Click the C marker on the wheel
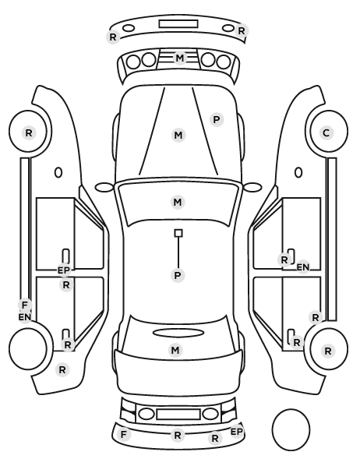[x=326, y=132]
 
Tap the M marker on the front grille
[x=180, y=58]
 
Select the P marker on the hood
[x=217, y=120]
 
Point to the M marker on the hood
[x=178, y=136]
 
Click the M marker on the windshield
[x=178, y=203]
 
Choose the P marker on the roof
[x=178, y=276]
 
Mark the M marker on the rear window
[x=175, y=350]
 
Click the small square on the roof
[x=178, y=233]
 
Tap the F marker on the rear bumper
[x=124, y=435]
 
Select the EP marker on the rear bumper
[x=237, y=432]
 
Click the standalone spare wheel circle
[x=291, y=429]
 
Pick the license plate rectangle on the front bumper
[x=178, y=24]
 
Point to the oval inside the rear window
[x=178, y=333]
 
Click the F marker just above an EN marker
[x=25, y=305]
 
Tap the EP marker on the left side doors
[x=64, y=270]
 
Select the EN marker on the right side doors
[x=303, y=267]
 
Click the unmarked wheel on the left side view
[x=28, y=348]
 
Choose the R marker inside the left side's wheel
[x=29, y=132]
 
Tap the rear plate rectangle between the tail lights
[x=178, y=415]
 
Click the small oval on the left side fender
[x=58, y=173]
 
